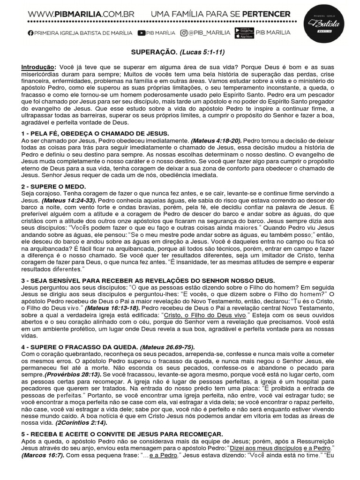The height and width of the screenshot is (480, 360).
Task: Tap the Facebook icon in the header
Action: pos(31,33)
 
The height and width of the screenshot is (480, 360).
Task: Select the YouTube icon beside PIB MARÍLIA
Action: pos(142,33)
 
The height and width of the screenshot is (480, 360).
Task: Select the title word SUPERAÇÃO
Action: pos(147,54)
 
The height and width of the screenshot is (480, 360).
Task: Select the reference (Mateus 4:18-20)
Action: pos(216,140)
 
